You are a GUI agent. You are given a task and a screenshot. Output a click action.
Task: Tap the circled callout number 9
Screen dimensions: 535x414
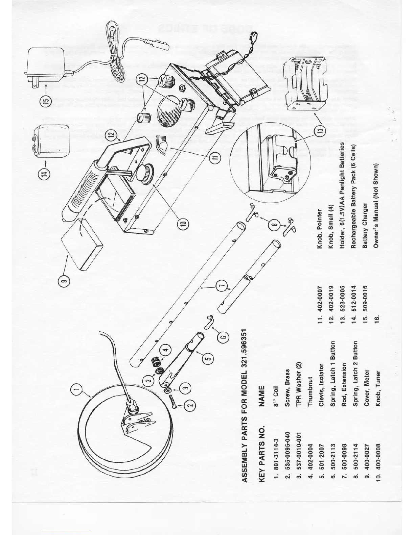[x=66, y=280]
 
